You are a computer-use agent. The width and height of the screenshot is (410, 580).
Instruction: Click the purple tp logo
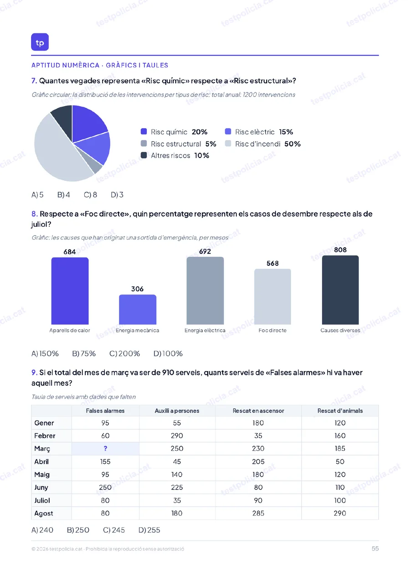(40, 42)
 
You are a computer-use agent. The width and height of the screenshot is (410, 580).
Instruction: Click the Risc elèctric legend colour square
(228, 132)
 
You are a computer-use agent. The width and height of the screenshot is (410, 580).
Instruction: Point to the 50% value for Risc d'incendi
(292, 144)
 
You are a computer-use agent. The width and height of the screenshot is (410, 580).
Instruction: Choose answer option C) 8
(90, 195)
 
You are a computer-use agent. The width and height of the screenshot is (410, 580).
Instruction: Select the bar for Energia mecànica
(138, 310)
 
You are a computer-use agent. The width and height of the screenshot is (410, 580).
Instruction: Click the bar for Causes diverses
(340, 290)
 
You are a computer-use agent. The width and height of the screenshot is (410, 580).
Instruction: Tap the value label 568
(272, 263)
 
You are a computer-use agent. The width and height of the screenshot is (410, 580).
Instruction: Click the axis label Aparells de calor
(70, 331)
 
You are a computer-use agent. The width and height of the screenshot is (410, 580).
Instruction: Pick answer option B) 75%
(84, 354)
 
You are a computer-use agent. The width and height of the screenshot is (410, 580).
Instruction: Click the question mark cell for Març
(105, 449)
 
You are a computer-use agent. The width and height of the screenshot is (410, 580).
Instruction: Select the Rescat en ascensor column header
(258, 411)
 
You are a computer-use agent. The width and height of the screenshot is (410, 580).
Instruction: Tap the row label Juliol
(42, 500)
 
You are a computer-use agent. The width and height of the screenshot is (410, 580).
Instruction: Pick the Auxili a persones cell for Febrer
(177, 436)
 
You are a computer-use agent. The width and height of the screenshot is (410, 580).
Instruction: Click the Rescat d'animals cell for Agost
(340, 514)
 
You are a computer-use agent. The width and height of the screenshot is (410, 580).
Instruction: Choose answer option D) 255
(149, 530)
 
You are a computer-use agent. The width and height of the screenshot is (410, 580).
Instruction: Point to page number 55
(375, 549)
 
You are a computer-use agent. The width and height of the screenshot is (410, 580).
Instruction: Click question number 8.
(35, 214)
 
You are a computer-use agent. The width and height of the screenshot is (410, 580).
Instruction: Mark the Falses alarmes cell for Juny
(105, 488)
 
